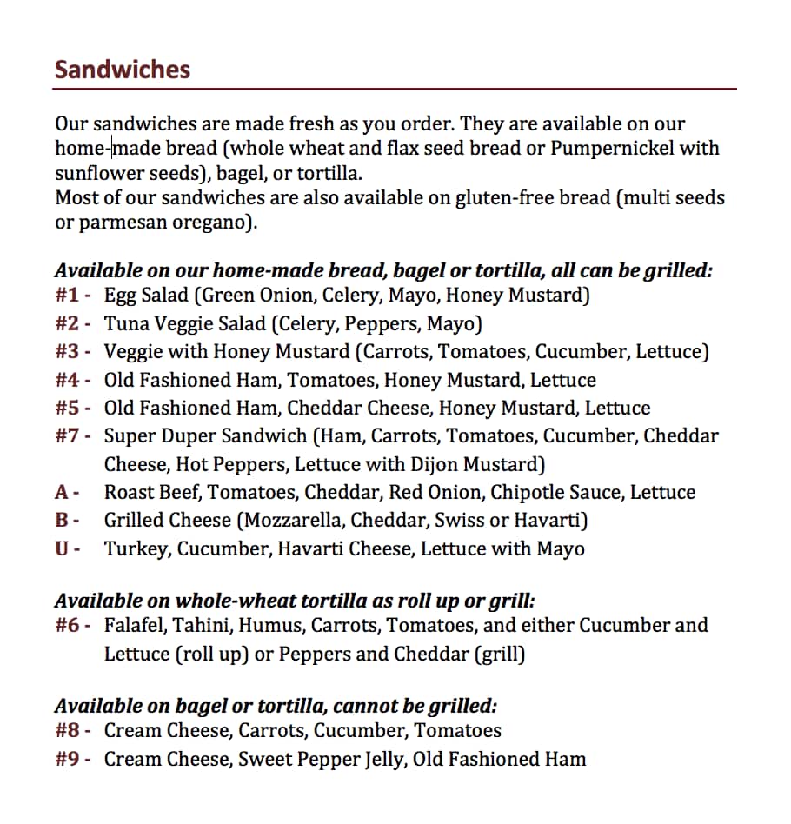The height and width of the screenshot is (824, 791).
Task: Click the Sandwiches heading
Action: click(x=122, y=70)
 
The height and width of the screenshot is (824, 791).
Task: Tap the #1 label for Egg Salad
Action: click(x=69, y=296)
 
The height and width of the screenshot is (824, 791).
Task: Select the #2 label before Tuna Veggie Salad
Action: click(x=69, y=324)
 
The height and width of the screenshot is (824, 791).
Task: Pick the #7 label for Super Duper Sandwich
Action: click(x=69, y=436)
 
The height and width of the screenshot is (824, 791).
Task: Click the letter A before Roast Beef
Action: click(x=63, y=493)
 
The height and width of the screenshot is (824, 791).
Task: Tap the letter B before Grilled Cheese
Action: click(x=63, y=521)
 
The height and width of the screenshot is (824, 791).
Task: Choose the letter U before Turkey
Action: click(x=63, y=549)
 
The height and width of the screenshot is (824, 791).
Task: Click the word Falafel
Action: click(x=135, y=626)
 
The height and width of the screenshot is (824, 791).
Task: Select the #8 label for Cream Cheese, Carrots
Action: click(x=69, y=731)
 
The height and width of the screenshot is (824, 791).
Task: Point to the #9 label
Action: click(x=69, y=760)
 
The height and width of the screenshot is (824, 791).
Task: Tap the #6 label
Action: click(x=69, y=626)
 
